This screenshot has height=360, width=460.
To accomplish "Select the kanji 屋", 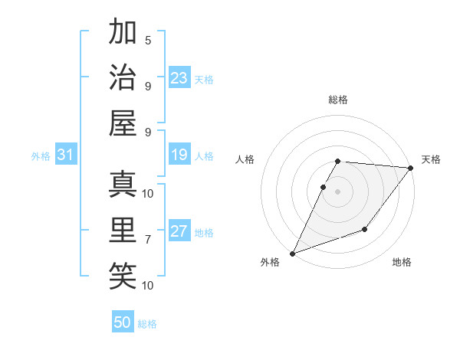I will coord(123,123).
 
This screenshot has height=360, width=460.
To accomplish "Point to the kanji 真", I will coord(123,185).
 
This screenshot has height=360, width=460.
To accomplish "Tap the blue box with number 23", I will coord(179,78).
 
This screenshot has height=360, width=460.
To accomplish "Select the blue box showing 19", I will coord(179,155).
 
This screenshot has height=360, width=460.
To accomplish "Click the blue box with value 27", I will coord(179,232).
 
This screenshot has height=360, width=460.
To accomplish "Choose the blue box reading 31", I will coord(66,155).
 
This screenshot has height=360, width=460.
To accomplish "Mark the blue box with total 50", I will coord(123,322).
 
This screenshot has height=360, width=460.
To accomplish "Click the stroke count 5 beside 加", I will coord(148,41).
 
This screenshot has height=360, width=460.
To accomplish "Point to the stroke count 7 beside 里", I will coord(148,240).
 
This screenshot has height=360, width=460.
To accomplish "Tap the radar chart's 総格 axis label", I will coord(338,100).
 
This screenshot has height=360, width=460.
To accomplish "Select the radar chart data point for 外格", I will coord(292,253).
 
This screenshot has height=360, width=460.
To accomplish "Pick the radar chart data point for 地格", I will coord(365,229).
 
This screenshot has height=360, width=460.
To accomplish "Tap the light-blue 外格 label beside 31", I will coord(41,156).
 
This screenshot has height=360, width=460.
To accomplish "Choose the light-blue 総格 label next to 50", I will coord(147,324).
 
